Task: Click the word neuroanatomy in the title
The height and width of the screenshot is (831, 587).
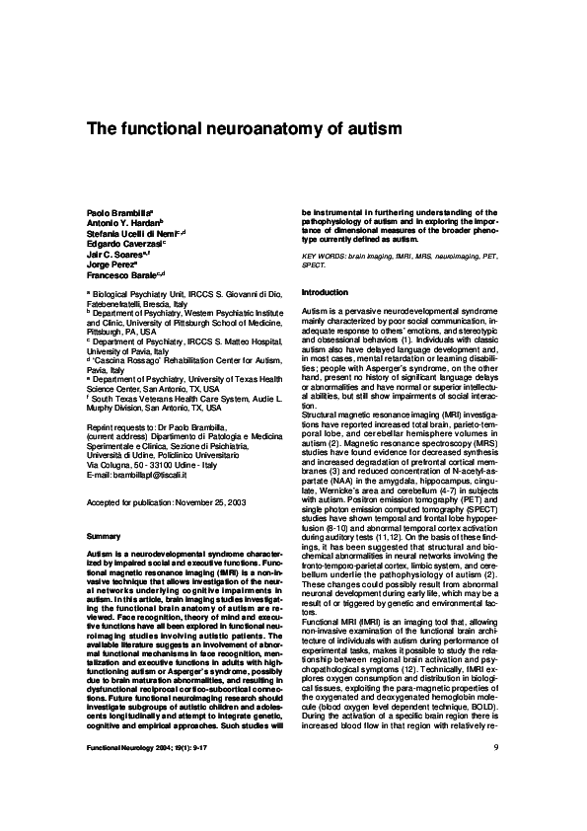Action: pyautogui.click(x=251, y=129)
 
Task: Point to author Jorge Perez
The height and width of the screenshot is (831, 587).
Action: pyautogui.click(x=110, y=264)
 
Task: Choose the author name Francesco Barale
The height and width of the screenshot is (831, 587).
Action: pyautogui.click(x=121, y=275)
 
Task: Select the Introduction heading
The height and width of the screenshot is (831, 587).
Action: pyautogui.click(x=325, y=293)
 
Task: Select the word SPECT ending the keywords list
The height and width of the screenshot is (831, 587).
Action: pyautogui.click(x=314, y=265)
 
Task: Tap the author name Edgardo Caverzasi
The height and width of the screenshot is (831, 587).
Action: pyautogui.click(x=123, y=244)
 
